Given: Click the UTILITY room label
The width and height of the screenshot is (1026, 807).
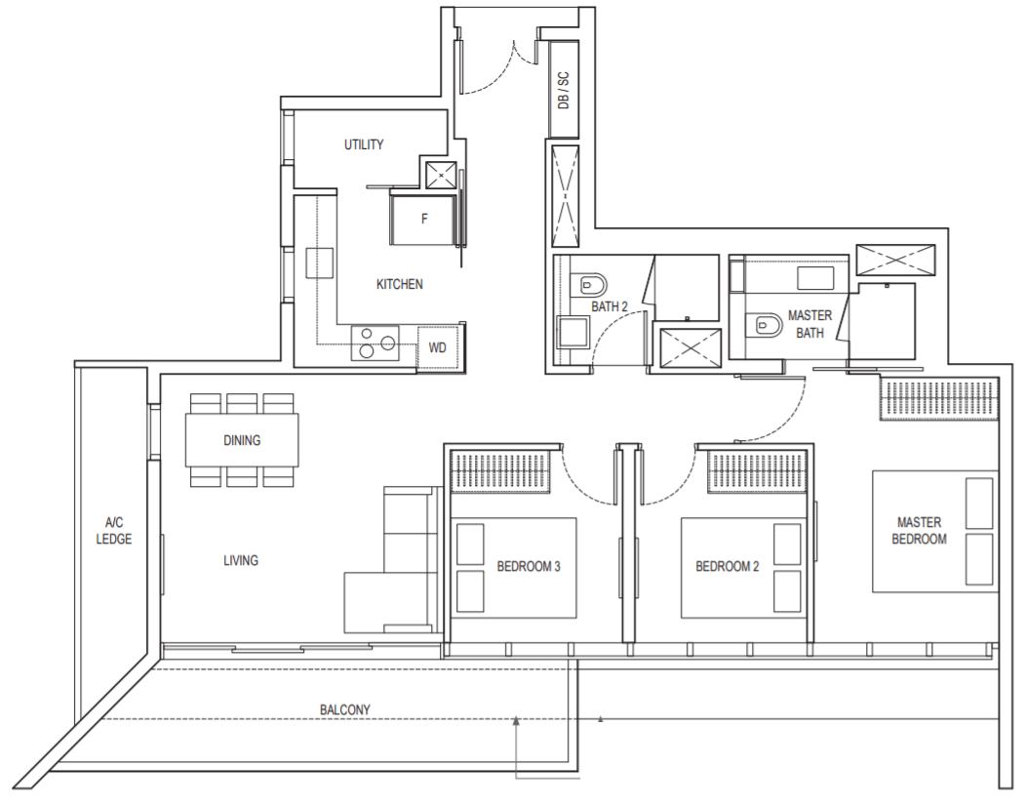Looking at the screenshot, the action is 364,144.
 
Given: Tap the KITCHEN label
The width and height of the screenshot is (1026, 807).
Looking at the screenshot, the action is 399,284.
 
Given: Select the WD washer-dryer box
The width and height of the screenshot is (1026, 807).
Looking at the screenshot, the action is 439,346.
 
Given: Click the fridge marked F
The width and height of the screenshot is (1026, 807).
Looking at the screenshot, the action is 423,220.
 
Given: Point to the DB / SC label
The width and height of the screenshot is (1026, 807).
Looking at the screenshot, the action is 563,91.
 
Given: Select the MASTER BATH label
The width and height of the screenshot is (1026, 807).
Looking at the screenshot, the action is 809,324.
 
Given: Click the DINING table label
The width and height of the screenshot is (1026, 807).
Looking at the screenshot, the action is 242,440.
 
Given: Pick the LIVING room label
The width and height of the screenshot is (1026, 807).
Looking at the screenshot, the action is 241,560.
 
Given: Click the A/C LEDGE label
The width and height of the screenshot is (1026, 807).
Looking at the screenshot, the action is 114,531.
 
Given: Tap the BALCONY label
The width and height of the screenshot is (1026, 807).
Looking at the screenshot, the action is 345,709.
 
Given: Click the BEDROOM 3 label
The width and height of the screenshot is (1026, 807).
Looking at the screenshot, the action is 529,566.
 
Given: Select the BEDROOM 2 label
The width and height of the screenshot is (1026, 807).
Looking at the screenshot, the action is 727,566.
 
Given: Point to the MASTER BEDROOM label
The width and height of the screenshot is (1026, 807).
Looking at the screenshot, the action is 919,531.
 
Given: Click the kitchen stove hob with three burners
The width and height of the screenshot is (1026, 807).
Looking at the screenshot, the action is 375,343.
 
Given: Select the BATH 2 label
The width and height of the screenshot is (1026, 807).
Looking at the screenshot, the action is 610,306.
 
